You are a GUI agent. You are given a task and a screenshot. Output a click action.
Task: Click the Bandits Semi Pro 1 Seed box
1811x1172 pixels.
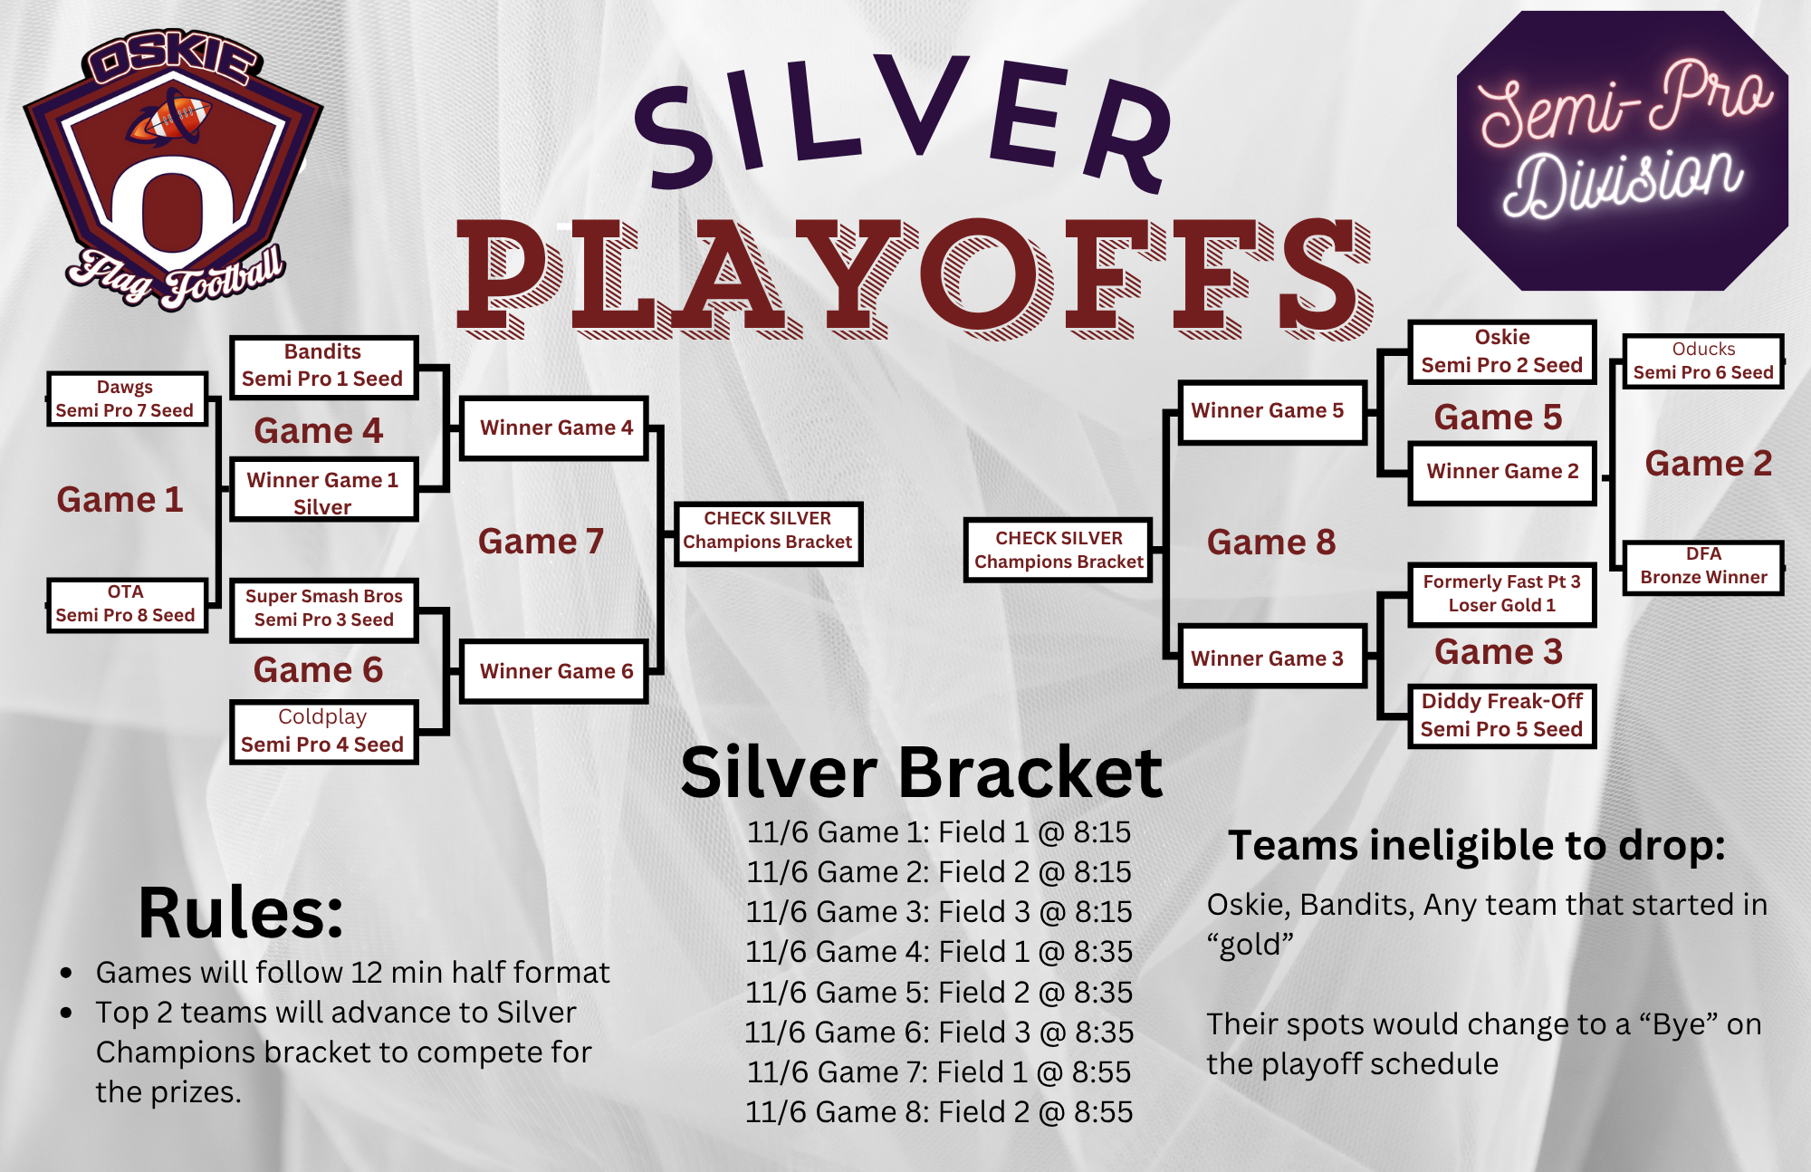[323, 366]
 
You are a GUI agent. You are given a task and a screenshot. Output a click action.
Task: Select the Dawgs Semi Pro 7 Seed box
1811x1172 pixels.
[126, 399]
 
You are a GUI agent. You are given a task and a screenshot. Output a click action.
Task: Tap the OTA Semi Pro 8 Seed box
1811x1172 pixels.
[126, 604]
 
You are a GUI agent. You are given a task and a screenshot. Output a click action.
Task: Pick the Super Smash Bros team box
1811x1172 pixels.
[323, 609]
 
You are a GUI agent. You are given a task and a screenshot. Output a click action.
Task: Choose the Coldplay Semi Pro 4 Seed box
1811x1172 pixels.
[323, 731]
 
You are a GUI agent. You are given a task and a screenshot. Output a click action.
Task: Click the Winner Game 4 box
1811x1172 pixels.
[554, 427]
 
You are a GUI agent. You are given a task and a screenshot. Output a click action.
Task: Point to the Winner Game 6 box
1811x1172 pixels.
[554, 671]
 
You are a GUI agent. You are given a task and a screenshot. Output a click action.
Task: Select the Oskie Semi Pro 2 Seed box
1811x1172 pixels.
[1501, 351]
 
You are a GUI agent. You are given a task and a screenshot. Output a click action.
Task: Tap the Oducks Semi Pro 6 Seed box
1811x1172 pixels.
[1702, 360]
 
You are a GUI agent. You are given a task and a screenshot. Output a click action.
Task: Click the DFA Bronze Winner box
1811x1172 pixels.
[1702, 566]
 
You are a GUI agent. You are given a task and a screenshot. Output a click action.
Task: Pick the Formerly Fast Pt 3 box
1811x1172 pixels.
[1501, 593]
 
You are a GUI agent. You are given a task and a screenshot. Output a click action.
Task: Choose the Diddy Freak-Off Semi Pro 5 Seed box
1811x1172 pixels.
[1501, 716]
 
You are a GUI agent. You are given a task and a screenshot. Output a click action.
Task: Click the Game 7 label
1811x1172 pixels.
[541, 542]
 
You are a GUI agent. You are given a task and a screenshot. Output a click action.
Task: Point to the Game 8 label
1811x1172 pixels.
[1270, 543]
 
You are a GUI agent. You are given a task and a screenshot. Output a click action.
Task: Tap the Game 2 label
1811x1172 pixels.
[1708, 464]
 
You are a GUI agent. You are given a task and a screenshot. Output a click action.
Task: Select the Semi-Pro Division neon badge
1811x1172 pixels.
[1621, 150]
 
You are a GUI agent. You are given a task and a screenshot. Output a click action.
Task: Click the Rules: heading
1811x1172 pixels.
[241, 913]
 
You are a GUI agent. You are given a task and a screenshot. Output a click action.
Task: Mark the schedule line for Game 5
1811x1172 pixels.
[939, 993]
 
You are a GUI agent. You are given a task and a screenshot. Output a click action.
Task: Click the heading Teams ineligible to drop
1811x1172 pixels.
[1476, 846]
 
